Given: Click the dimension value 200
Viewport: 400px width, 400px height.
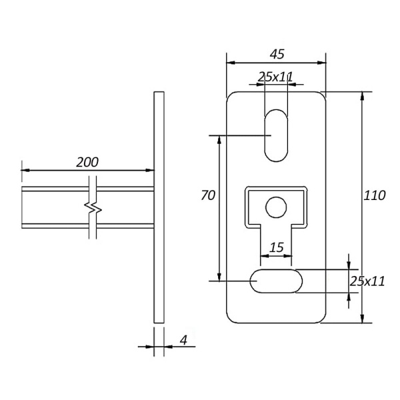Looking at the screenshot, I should (x=87, y=162).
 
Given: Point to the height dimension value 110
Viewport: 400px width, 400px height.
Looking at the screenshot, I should (x=374, y=196).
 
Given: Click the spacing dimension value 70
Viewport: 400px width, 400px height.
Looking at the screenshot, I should (x=208, y=195).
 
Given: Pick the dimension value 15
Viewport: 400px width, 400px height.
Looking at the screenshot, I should (x=276, y=247).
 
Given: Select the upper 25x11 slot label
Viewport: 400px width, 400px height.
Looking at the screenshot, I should (x=276, y=77).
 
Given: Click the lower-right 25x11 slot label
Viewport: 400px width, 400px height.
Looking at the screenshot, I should (x=367, y=281).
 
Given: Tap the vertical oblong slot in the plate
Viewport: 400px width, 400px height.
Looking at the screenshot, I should (x=276, y=135).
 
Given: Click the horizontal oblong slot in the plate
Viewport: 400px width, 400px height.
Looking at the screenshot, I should (x=276, y=281).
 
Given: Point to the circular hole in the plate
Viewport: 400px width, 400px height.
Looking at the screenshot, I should (x=275, y=208).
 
